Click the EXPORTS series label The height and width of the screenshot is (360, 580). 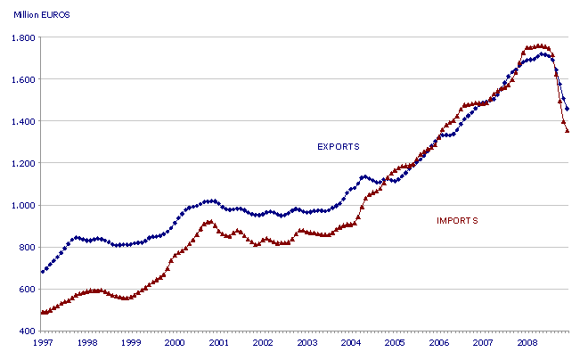(338, 145)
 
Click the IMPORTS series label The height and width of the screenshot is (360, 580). (457, 220)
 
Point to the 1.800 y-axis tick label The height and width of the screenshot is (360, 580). (22, 37)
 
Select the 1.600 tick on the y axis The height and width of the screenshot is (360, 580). (22, 79)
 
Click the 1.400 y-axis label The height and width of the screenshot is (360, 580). (22, 121)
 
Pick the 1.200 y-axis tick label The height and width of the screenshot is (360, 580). (22, 163)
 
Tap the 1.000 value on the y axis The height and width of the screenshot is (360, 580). (22, 205)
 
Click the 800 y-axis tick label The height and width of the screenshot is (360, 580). (26, 247)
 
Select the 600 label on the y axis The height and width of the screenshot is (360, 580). (26, 289)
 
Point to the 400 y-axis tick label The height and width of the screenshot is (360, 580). (26, 331)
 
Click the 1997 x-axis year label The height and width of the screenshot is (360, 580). (43, 342)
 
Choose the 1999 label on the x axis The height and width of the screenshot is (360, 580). (131, 342)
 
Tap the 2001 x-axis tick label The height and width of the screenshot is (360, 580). (218, 342)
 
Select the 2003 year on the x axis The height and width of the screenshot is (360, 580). (306, 342)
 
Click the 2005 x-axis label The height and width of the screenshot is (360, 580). (395, 342)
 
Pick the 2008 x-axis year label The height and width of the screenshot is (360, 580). (527, 342)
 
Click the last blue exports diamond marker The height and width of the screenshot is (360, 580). (568, 109)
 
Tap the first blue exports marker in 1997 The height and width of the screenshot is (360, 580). (43, 271)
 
